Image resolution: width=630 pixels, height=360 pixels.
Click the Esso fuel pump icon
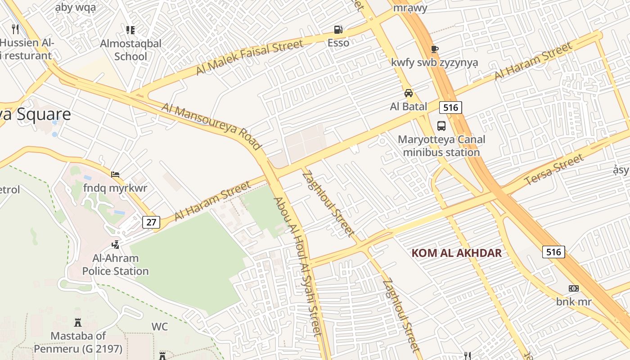click(x=338, y=30)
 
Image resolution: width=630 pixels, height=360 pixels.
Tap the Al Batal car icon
click(x=408, y=93)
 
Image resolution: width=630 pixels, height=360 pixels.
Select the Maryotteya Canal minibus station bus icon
click(x=441, y=126)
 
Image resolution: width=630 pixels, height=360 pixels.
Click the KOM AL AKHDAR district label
click(x=456, y=253)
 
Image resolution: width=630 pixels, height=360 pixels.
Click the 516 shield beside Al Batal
click(x=450, y=107)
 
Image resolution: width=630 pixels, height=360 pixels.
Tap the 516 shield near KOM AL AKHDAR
click(x=553, y=252)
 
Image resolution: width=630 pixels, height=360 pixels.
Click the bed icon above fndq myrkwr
click(x=115, y=175)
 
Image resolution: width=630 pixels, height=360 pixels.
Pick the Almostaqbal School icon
click(x=130, y=30)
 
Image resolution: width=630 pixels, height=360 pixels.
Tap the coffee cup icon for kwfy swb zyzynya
click(x=434, y=49)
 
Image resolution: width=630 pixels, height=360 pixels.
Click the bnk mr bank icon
click(x=574, y=288)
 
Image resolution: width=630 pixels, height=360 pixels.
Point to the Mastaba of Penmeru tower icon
click(x=78, y=323)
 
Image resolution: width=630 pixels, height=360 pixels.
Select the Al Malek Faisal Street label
click(x=250, y=58)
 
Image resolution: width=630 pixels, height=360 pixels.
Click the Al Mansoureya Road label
click(x=211, y=126)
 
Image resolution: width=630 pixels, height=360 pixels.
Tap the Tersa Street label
click(x=554, y=170)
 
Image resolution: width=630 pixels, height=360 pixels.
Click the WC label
click(x=160, y=326)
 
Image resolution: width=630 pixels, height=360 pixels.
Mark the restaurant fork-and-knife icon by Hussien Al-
click(x=16, y=29)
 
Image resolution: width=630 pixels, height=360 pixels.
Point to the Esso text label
click(x=338, y=43)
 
